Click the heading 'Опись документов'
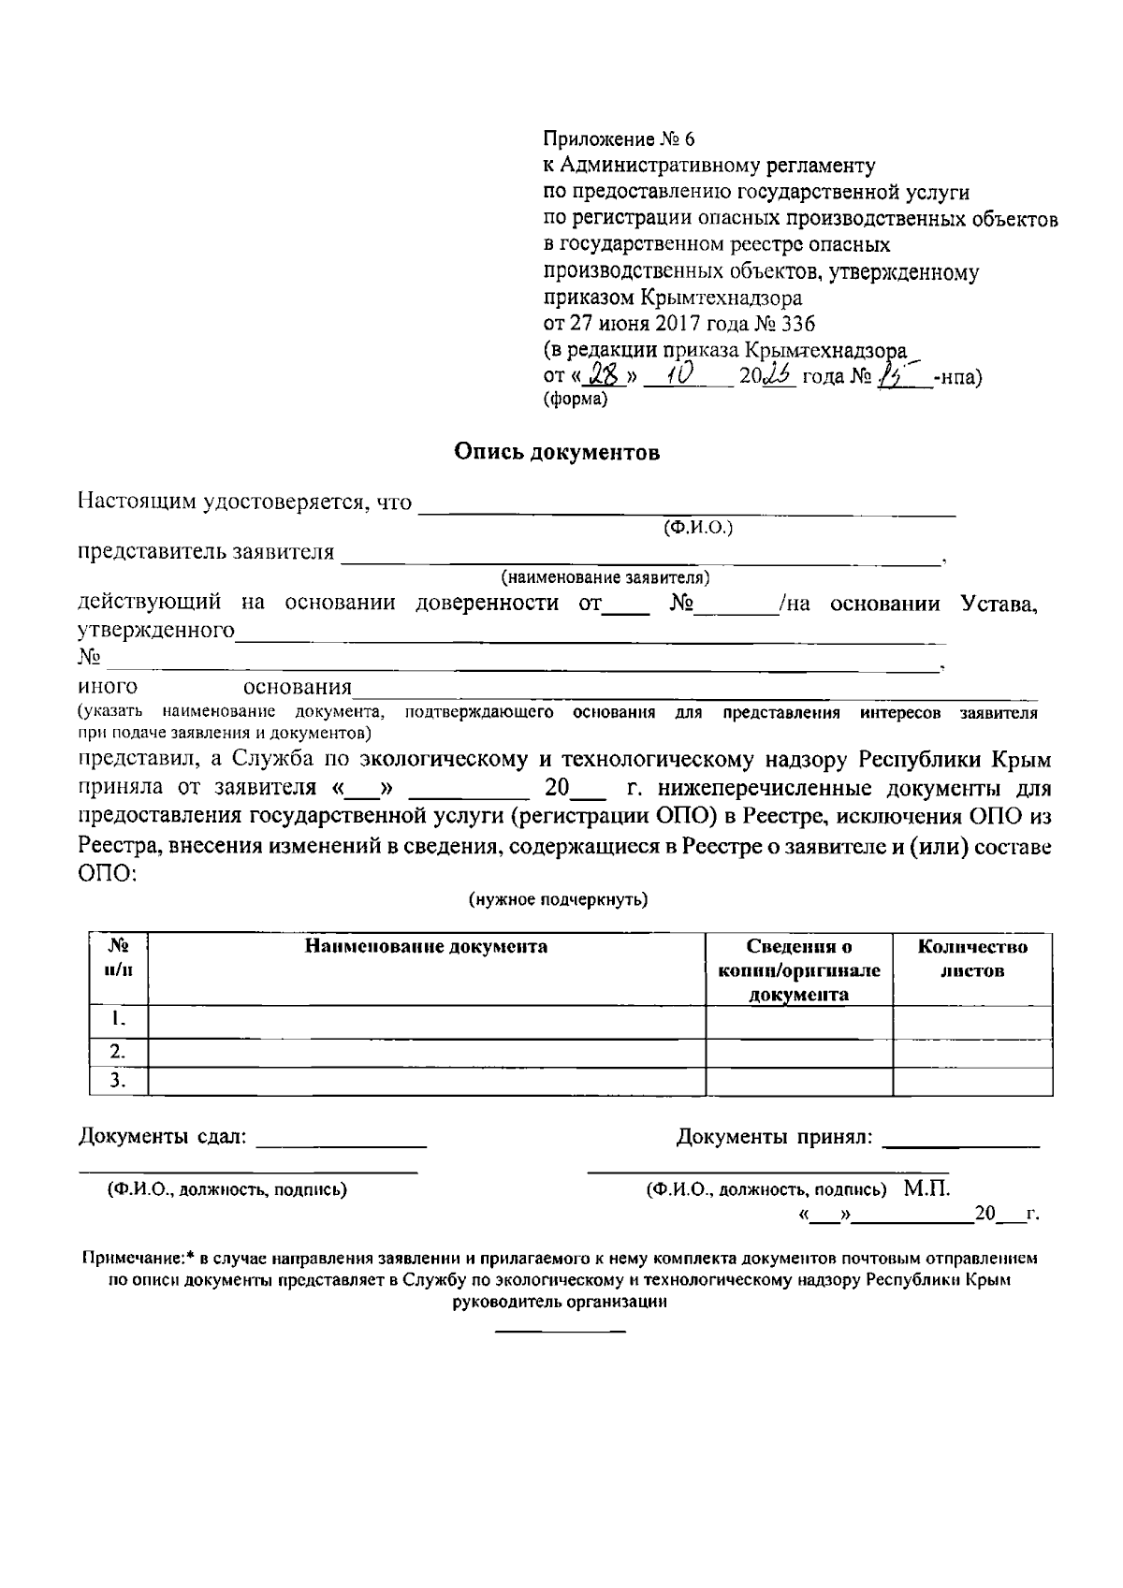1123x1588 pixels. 557,453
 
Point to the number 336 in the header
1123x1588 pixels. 797,324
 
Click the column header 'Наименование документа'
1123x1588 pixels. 426,946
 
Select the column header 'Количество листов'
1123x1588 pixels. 972,958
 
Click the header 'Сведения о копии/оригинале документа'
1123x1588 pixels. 798,970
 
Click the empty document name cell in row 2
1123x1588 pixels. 426,1051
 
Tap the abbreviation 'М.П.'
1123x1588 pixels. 926,1189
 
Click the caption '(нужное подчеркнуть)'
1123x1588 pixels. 558,899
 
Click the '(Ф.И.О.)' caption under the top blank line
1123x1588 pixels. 697,528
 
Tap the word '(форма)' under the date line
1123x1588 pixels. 575,400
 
